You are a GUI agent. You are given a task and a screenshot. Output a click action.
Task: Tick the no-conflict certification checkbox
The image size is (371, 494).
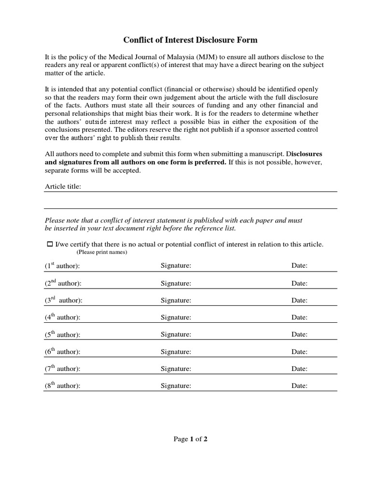click(x=49, y=245)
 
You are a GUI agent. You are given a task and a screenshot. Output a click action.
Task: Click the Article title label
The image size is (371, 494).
click(x=63, y=186)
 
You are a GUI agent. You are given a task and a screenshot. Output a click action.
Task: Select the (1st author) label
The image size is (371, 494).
click(x=62, y=266)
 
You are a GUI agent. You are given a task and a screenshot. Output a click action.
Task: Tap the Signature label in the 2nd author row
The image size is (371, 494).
click(x=176, y=283)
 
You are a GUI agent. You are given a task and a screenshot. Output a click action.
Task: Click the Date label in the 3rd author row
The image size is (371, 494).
click(x=299, y=300)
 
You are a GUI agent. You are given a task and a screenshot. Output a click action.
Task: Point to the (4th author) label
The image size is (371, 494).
click(x=62, y=317)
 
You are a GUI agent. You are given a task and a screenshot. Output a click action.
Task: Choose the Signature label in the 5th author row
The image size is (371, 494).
click(x=176, y=334)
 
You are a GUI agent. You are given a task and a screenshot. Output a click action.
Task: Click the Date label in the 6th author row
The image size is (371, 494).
click(x=299, y=352)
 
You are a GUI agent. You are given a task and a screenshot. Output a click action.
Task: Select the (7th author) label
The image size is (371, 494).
click(x=62, y=369)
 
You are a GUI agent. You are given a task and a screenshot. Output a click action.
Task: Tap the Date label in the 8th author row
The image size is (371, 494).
click(x=299, y=386)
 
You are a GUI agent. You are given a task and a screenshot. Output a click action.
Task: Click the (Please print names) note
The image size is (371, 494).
click(x=101, y=253)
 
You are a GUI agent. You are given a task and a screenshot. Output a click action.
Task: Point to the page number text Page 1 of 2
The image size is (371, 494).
click(x=190, y=439)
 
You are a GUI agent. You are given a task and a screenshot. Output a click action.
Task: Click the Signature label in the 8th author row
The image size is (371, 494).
click(x=176, y=386)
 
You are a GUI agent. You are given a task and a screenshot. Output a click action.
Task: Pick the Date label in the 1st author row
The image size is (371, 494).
click(x=299, y=266)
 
